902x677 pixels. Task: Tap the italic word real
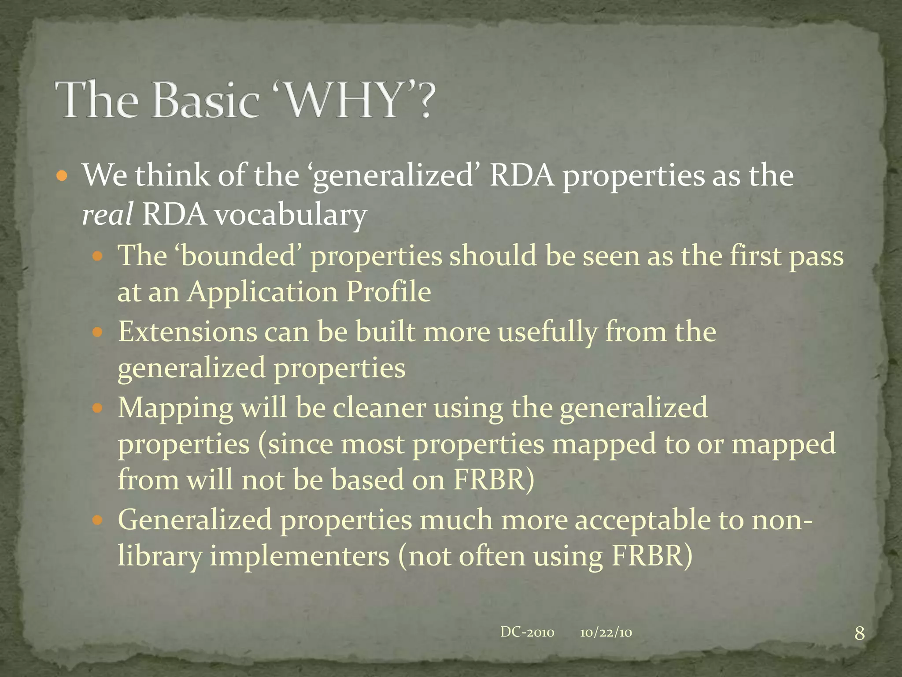pos(107,215)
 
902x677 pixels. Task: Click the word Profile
pos(388,292)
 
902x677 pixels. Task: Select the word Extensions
pos(188,331)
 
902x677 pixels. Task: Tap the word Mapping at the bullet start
pos(175,408)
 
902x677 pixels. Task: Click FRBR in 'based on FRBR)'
pos(489,480)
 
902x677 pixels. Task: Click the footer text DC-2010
pos(527,632)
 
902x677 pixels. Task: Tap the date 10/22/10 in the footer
pos(606,633)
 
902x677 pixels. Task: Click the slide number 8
pos(859,634)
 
